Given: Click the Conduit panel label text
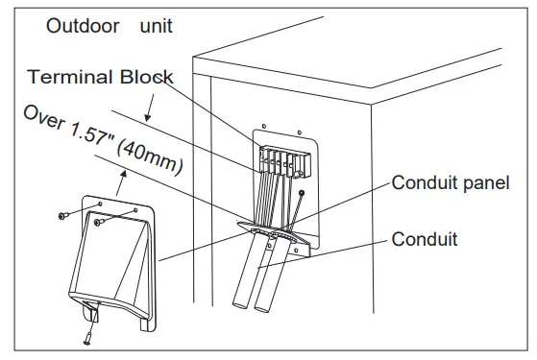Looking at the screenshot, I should [x=449, y=183].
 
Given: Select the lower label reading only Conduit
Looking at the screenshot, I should [x=424, y=239].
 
